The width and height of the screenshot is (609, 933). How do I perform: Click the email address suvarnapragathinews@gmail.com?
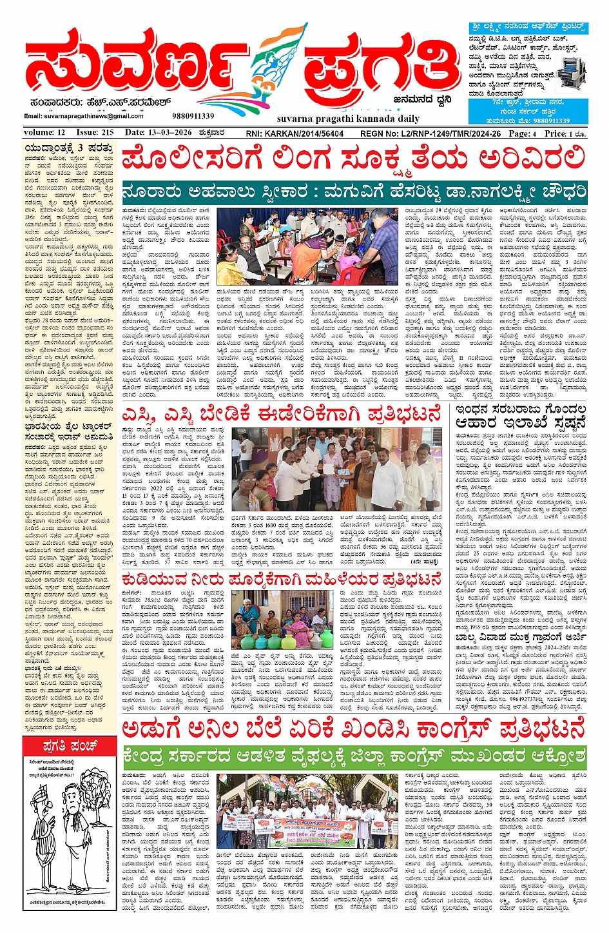pyautogui.click(x=84, y=116)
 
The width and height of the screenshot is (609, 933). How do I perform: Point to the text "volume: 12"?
pyautogui.click(x=44, y=133)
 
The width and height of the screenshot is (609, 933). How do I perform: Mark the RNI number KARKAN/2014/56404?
pyautogui.click(x=295, y=133)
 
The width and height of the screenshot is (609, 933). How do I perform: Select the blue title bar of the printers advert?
pyautogui.click(x=528, y=28)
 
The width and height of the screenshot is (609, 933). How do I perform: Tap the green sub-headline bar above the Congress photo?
pyautogui.click(x=354, y=755)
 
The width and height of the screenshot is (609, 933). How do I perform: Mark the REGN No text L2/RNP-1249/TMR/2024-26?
pyautogui.click(x=430, y=133)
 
